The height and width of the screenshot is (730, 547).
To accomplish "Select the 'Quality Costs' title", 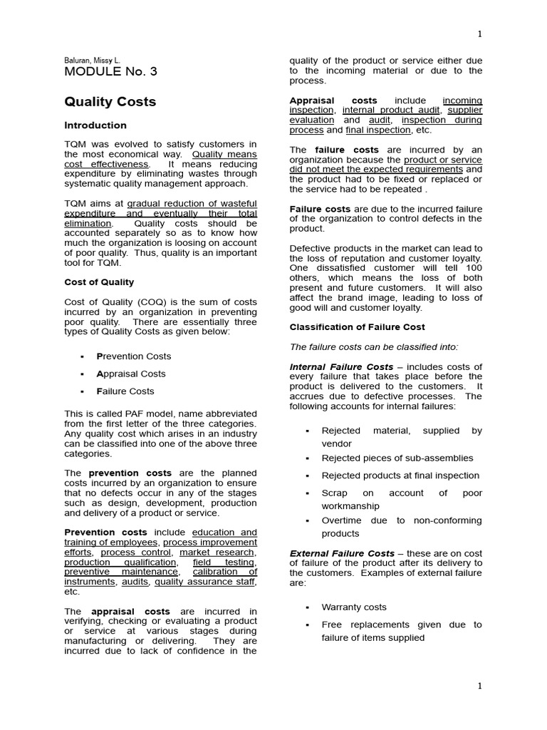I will pyautogui.click(x=110, y=102).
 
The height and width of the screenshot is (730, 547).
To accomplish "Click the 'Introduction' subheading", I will pyautogui.click(x=95, y=125).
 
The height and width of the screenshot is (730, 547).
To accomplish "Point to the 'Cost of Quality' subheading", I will pyautogui.click(x=99, y=282).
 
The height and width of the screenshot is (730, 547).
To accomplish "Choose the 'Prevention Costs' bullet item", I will pyautogui.click(x=133, y=356).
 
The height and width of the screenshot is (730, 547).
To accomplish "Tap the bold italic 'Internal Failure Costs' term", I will pyautogui.click(x=341, y=366).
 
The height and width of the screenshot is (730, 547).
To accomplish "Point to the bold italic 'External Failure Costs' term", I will pyautogui.click(x=342, y=553).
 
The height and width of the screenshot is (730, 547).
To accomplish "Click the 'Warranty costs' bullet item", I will pyautogui.click(x=354, y=607).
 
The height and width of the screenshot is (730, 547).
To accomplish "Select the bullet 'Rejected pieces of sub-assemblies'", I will pyautogui.click(x=397, y=458).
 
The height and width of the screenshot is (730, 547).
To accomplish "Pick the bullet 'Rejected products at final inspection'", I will pyautogui.click(x=400, y=475).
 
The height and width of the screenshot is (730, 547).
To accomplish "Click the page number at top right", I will pyautogui.click(x=479, y=34).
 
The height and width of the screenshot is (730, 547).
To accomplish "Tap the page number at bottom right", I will pyautogui.click(x=479, y=686).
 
